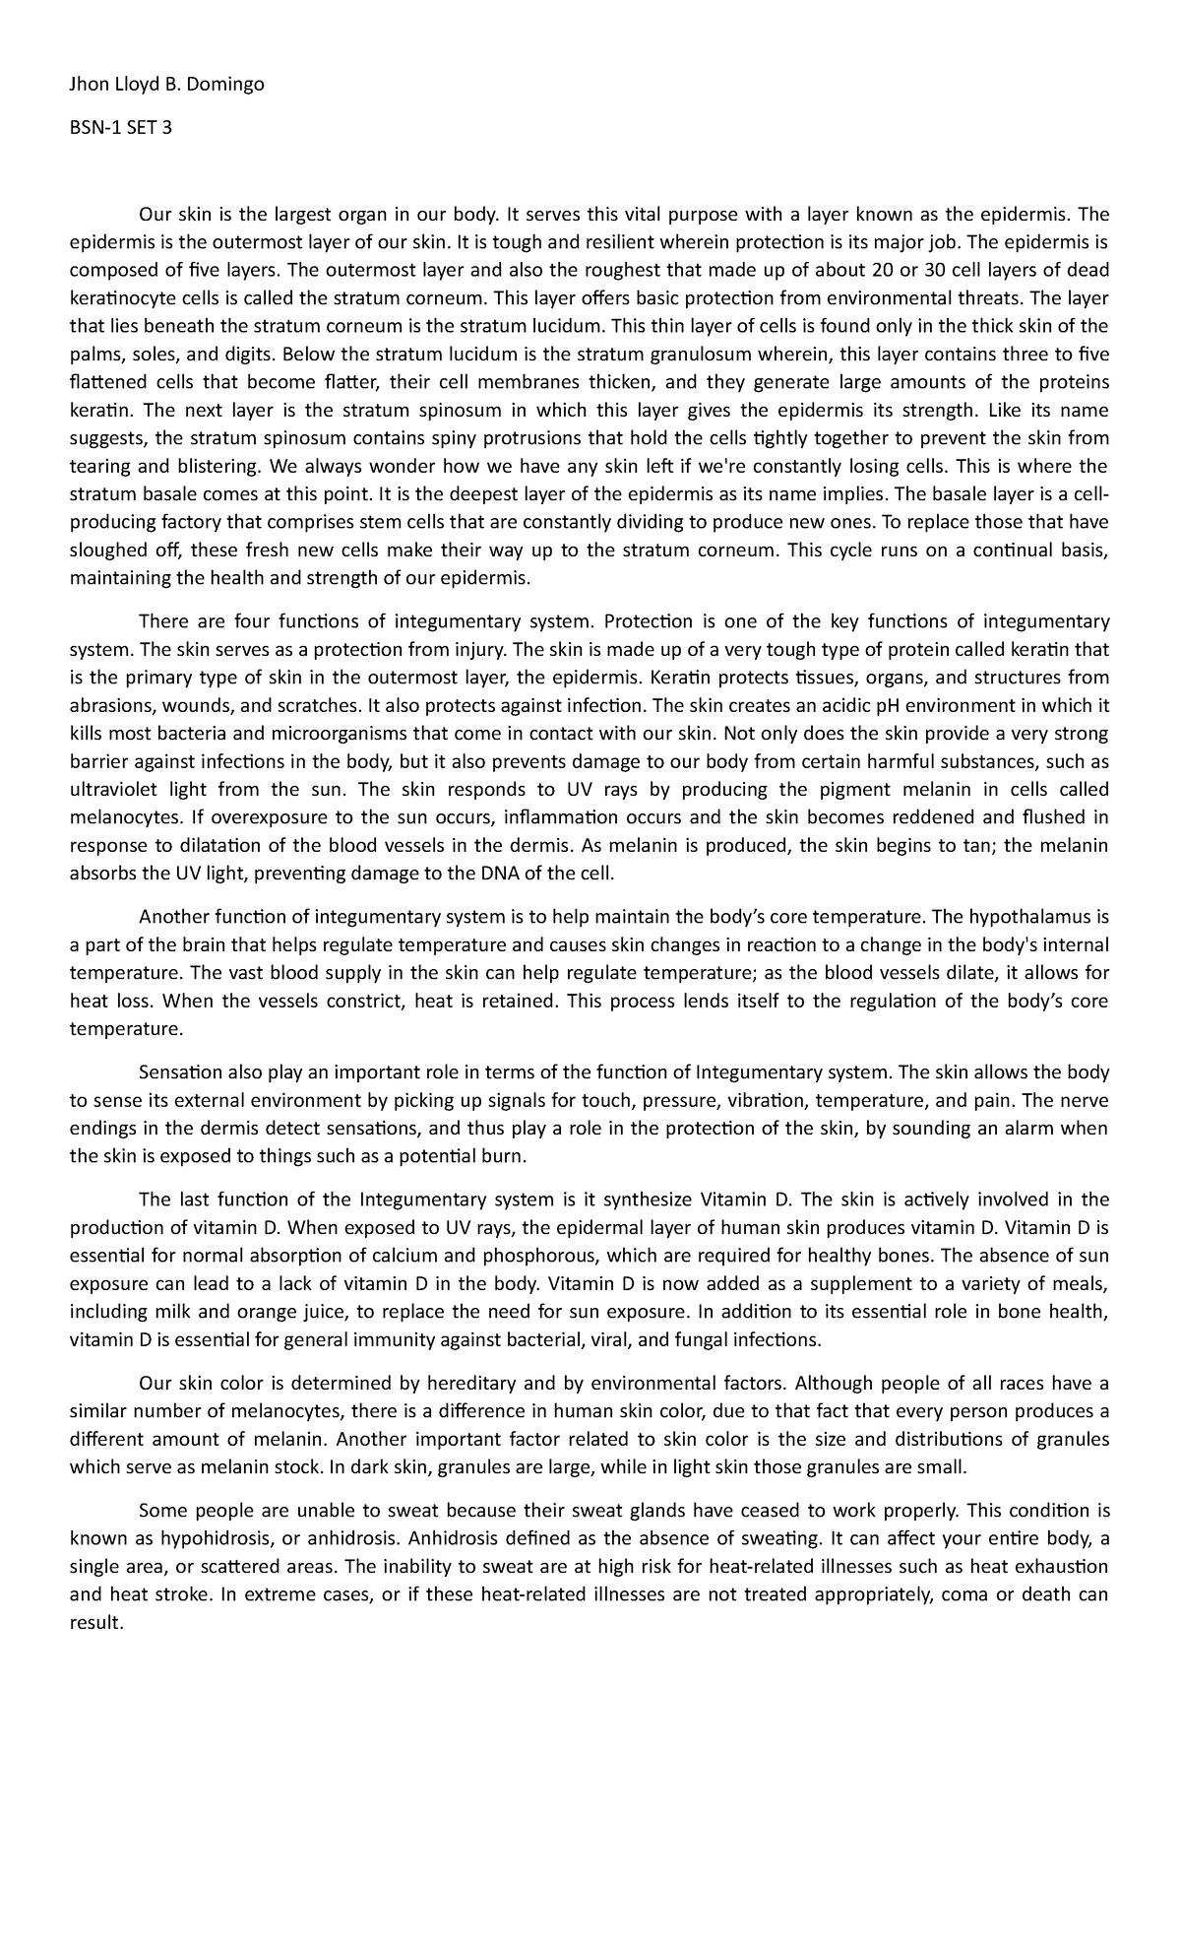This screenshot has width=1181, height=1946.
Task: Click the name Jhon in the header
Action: pyautogui.click(x=88, y=85)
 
